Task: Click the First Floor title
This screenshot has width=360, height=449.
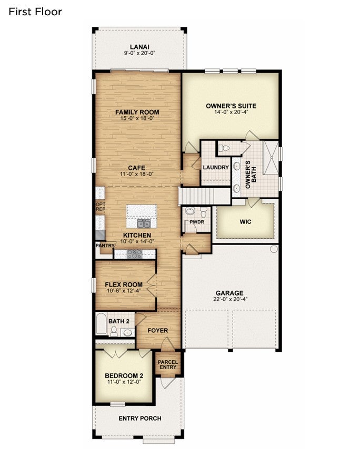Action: point(35,12)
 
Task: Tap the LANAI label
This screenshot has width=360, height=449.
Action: point(139,47)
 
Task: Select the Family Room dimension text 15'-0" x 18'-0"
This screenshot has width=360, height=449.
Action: point(137,118)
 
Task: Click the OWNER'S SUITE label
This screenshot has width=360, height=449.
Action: point(231,106)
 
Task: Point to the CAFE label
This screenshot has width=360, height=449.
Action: point(136,168)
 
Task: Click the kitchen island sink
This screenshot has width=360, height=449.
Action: point(144,223)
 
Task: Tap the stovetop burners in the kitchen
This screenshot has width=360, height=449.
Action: point(134,254)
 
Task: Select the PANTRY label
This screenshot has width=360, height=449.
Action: point(105,246)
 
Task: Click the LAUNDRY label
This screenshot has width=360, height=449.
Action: point(216,167)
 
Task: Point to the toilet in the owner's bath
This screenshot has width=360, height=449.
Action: point(224,148)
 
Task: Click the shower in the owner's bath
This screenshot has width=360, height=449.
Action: point(271,157)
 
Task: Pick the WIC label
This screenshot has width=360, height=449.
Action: point(245,222)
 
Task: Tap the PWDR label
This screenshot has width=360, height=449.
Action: point(197,222)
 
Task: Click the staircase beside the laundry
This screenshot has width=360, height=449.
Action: point(204,196)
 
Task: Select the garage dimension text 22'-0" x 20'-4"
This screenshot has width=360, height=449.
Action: point(229,299)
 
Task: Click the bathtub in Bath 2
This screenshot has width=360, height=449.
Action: point(101,323)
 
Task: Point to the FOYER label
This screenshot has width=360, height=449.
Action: point(158,331)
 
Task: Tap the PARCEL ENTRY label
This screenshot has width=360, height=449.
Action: point(168,364)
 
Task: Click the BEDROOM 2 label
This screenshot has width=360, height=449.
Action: point(124,376)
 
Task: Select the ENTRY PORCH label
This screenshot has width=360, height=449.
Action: point(140,419)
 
